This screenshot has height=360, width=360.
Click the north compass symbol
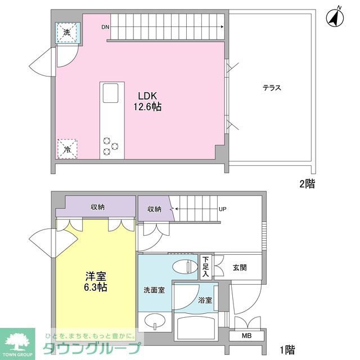[x=336, y=18]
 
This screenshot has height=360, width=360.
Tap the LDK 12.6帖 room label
[x=147, y=101]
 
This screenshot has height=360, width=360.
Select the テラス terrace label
[x=271, y=88]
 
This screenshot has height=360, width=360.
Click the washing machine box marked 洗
[x=67, y=33]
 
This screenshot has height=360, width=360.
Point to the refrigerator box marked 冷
[x=67, y=149]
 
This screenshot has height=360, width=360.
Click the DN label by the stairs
[x=105, y=27]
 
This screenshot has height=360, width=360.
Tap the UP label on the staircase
[x=222, y=209]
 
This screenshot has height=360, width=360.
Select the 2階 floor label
[x=307, y=183]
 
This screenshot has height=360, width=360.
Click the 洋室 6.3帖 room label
[x=96, y=282]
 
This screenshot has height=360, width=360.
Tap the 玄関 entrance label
[x=240, y=268]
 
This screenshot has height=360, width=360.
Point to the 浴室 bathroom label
[x=205, y=300]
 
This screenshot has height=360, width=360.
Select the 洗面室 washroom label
[x=154, y=290]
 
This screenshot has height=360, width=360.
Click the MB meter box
[x=246, y=336]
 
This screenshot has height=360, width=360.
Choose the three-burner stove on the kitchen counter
[x=110, y=147]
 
